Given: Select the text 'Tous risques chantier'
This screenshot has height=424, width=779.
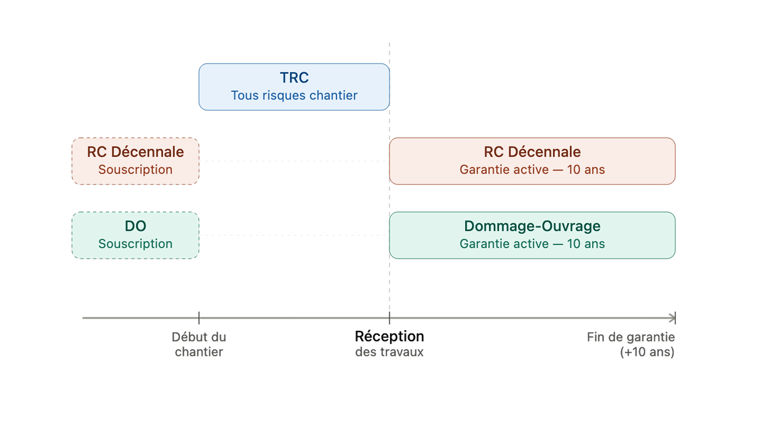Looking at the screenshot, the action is (294, 95).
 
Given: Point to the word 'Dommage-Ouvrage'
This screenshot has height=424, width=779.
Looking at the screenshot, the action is (532, 226).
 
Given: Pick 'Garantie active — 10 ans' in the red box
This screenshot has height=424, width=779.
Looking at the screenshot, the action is (532, 170).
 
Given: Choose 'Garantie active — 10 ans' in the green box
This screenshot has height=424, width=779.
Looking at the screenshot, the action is (532, 244).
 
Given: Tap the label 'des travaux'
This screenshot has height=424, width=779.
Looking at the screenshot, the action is (389, 352).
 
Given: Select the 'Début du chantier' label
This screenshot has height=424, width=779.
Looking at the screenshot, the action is (199, 344).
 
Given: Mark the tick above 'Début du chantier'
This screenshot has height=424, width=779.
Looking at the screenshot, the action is (199, 318).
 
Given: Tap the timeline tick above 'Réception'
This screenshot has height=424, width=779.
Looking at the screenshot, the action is (389, 318).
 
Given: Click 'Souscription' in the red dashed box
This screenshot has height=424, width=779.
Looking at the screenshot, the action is (135, 170).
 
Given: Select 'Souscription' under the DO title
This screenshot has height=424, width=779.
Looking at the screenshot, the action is (135, 244).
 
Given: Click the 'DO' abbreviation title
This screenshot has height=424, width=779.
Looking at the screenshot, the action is (135, 226).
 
